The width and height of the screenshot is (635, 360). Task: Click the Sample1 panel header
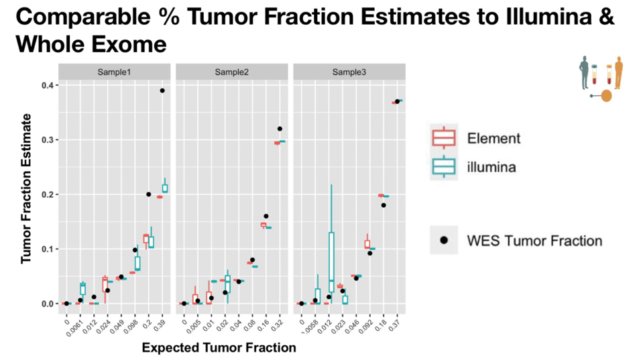(x=115, y=72)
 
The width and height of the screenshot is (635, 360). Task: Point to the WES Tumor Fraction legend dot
(x=444, y=240)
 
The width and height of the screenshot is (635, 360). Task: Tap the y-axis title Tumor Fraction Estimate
(x=26, y=188)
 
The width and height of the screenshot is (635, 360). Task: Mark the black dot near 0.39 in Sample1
(x=162, y=91)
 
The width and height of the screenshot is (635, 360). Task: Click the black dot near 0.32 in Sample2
(x=280, y=129)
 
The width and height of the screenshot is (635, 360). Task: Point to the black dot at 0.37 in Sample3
(x=397, y=101)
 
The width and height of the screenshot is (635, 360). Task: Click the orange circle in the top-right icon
(x=606, y=96)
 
